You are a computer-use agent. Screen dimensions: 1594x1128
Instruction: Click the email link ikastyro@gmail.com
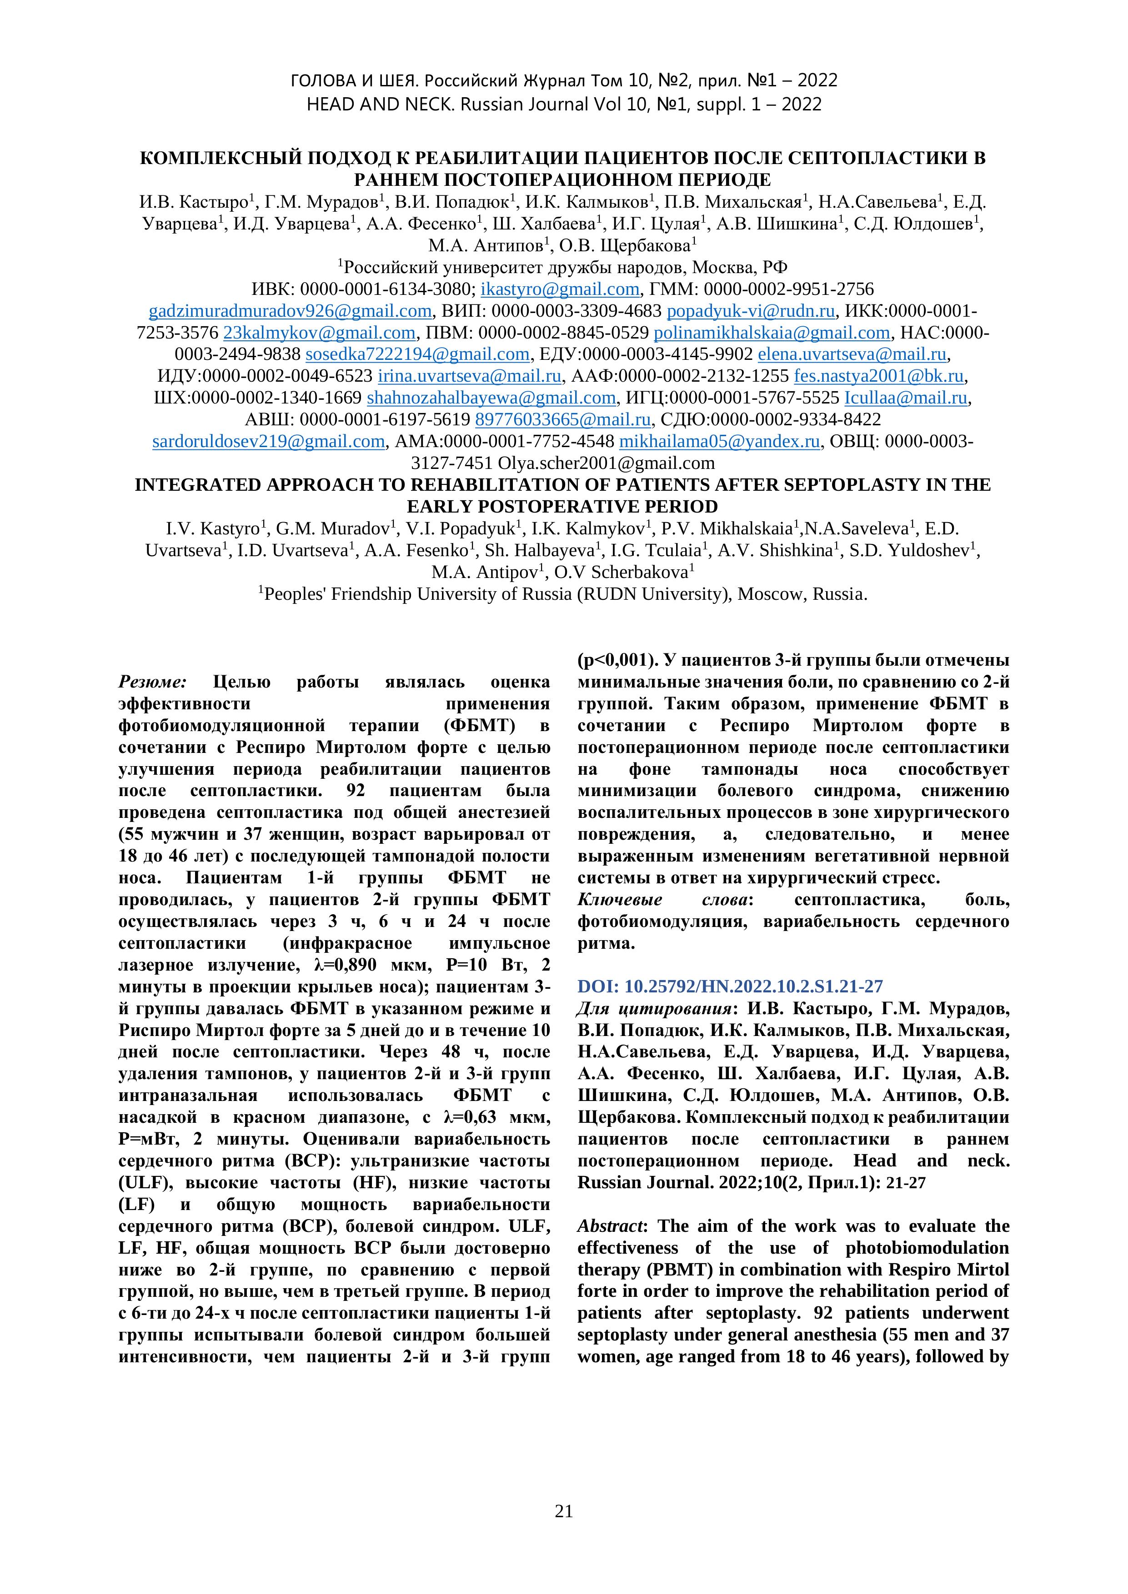pos(560,289)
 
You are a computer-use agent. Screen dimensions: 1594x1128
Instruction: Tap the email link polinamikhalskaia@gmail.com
pos(772,333)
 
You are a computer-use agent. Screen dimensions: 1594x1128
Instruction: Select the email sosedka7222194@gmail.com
pos(417,354)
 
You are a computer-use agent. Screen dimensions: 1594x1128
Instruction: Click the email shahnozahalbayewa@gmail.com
pos(491,398)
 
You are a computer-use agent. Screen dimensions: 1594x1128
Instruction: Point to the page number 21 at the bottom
pos(564,1511)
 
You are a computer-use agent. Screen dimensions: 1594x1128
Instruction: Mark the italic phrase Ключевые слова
pos(663,900)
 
